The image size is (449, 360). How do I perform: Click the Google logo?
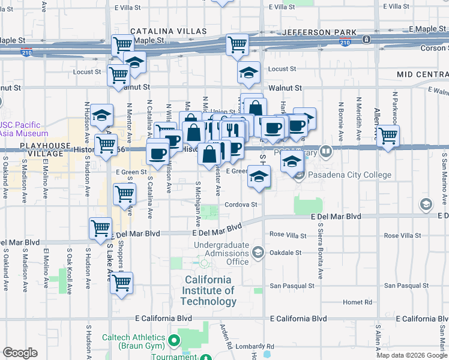pyautogui.click(x=20, y=353)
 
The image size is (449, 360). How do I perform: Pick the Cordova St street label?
pyautogui.click(x=241, y=205)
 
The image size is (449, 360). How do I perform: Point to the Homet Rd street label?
pyautogui.click(x=357, y=302)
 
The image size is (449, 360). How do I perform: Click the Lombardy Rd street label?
pyautogui.click(x=255, y=347)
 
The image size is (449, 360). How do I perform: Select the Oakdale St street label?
pyautogui.click(x=286, y=253)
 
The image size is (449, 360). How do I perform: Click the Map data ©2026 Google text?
pyautogui.click(x=411, y=355)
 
